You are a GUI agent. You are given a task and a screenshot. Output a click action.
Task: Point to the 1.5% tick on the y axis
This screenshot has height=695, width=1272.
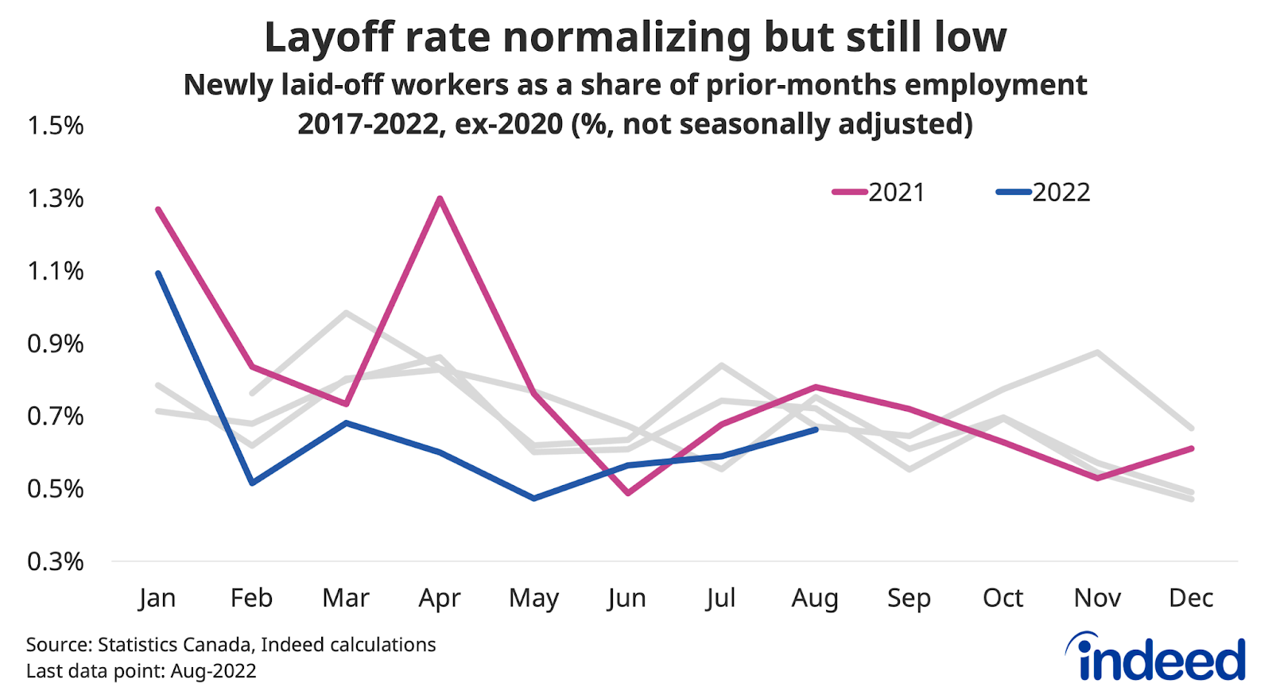click(x=55, y=126)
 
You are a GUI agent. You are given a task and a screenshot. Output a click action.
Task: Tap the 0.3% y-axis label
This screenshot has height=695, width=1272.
click(x=55, y=562)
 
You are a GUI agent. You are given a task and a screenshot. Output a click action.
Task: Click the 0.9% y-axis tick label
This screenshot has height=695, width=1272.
click(x=55, y=344)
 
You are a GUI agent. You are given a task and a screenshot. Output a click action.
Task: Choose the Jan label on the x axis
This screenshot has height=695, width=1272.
click(x=157, y=598)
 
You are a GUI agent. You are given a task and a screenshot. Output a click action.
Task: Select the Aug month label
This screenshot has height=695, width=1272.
click(x=815, y=598)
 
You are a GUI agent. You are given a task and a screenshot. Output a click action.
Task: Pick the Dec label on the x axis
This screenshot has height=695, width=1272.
click(x=1191, y=598)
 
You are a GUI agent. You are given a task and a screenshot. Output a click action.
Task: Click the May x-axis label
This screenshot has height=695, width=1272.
click(x=533, y=598)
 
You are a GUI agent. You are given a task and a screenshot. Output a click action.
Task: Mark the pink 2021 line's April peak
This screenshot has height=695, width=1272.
click(x=440, y=198)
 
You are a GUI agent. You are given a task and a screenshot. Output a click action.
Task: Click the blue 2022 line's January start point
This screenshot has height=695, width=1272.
click(x=158, y=273)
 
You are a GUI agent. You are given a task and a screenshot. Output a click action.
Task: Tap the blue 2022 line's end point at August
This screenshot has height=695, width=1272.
click(x=816, y=429)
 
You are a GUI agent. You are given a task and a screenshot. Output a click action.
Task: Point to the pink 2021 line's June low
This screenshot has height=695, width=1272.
click(x=628, y=493)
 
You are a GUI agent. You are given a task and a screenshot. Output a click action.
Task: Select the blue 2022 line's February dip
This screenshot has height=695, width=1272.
click(x=252, y=483)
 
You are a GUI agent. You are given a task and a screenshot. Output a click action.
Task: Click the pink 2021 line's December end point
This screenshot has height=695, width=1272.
click(x=1192, y=448)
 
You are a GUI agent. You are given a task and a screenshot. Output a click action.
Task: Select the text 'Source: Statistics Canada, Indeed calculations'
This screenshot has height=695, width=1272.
click(x=231, y=644)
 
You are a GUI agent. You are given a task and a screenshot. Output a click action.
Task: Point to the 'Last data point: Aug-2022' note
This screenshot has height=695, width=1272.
click(x=142, y=671)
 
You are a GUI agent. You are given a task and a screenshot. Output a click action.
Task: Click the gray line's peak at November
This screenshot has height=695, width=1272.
click(x=1098, y=351)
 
